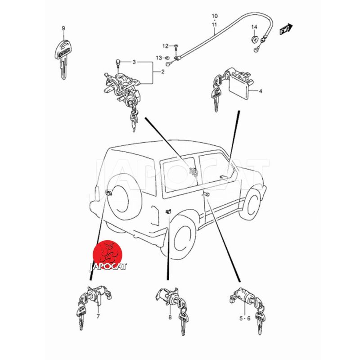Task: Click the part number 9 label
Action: point(63,28)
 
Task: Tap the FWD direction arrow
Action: point(286,29)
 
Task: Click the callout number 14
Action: point(254,27)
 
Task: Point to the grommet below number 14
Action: point(254,40)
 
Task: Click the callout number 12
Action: point(165,46)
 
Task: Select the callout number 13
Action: point(159,58)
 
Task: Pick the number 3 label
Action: point(134,62)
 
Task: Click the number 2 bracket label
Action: point(163,72)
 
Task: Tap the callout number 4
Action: point(261,91)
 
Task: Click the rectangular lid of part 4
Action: point(239,86)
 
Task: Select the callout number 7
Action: point(98,316)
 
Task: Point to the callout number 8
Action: point(170,318)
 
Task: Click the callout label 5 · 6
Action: point(245,319)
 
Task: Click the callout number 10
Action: point(215,16)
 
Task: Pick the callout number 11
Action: point(215,25)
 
